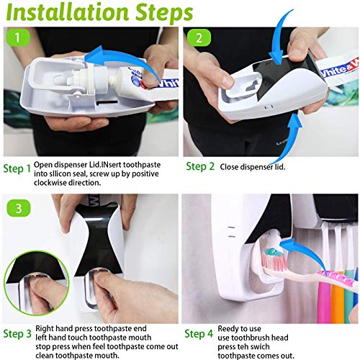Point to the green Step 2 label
click(x=199, y=166)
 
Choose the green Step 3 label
click(x=17, y=334)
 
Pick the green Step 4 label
click(x=199, y=334)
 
